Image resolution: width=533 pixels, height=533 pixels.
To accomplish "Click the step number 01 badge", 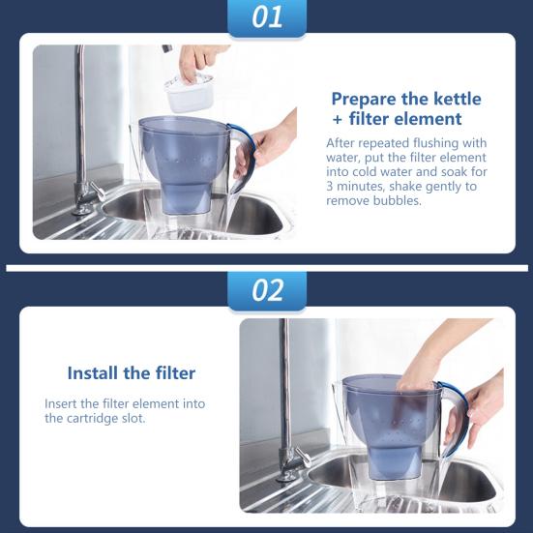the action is coord(267,17).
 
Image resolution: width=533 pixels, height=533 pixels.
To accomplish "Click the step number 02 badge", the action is coord(267,290).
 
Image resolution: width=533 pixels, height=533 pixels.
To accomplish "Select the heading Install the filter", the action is coord(132,372).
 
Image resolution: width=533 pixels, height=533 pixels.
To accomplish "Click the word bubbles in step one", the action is coord(397,200).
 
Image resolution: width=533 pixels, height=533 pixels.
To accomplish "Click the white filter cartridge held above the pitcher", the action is coord(189,93).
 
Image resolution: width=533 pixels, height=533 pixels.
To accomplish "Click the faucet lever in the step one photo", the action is coord(98,191).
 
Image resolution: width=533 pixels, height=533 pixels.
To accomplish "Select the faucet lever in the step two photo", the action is coord(303,457).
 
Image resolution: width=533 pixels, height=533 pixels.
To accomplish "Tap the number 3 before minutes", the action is coord(330,187).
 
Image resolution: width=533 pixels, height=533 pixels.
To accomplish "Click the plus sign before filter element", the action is coord(338,120).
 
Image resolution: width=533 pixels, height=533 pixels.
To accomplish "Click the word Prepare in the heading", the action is coord(364,100).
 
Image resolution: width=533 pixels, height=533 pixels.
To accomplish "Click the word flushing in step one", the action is coord(433,144).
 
